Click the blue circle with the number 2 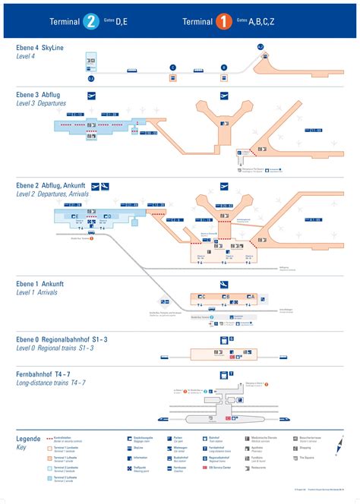[91, 21]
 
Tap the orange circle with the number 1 [224, 21]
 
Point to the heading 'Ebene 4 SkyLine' [40, 48]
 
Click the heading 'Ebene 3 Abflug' [39, 95]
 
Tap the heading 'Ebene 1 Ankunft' [40, 283]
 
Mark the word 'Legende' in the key [29, 439]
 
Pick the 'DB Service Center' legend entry [222, 468]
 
